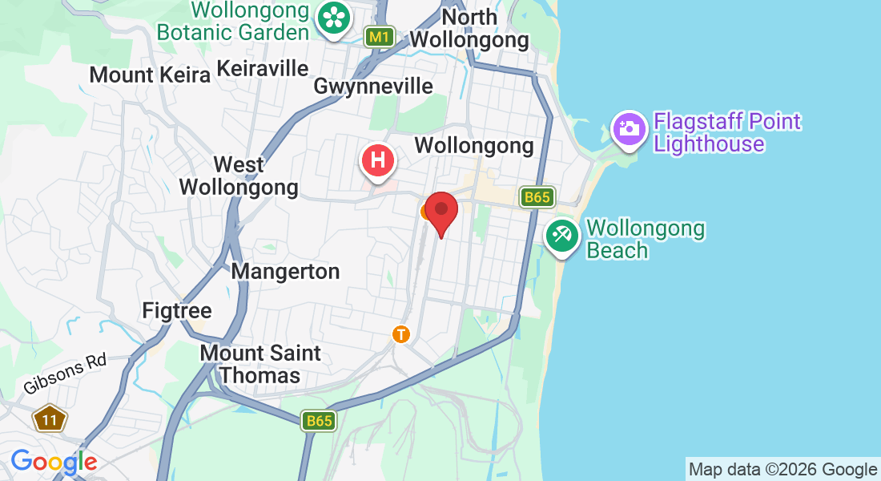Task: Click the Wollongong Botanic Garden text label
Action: (233, 22)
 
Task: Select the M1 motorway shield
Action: (380, 37)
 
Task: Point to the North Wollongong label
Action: (469, 28)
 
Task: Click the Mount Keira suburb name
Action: (150, 75)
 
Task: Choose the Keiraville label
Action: (263, 68)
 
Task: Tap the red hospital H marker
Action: (379, 160)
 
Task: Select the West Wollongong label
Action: (239, 176)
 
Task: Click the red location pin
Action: (440, 210)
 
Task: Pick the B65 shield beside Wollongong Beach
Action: (537, 197)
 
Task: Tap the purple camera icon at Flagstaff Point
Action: (630, 128)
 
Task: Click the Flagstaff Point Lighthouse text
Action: (726, 133)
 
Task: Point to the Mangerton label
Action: (285, 272)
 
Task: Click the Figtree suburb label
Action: (177, 310)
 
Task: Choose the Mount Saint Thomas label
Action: (260, 364)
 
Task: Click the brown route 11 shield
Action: (50, 418)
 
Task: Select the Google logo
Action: (54, 462)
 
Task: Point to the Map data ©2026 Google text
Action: (782, 470)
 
